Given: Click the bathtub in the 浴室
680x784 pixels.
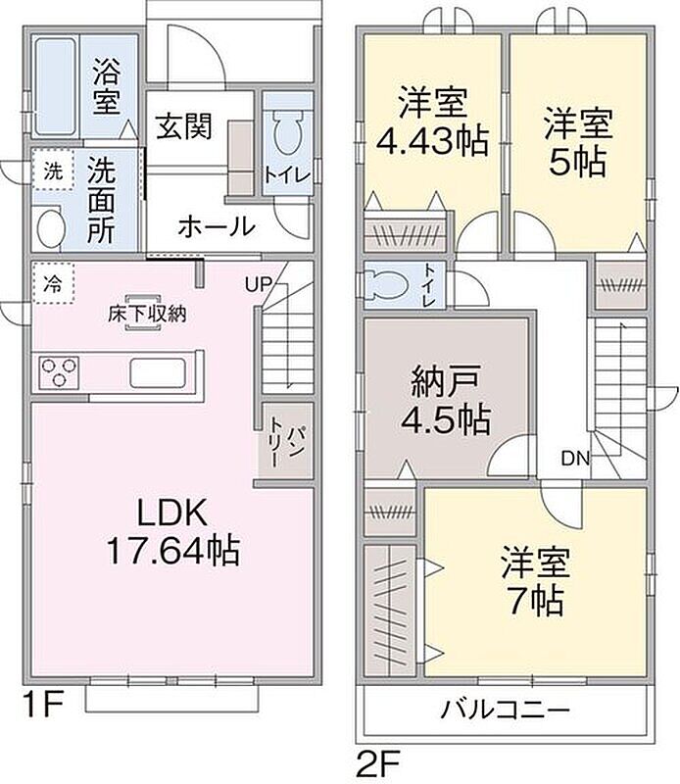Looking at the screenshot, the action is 56,86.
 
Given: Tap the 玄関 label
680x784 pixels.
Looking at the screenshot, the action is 184,126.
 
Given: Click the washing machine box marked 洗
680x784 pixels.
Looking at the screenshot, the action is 54,171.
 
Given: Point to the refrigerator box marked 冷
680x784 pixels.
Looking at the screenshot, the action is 54,283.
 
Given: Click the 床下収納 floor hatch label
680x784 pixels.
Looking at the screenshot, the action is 147,314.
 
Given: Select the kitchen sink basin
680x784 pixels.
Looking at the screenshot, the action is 158,373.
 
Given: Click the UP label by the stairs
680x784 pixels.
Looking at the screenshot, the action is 258,284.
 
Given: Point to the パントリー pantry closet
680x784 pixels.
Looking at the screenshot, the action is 286,440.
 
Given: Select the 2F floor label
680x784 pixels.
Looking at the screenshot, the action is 378,762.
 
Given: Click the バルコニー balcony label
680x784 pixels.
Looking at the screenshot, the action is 505,710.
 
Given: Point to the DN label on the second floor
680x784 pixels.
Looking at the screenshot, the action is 575,458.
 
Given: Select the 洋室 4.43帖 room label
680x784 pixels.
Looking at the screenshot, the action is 432,122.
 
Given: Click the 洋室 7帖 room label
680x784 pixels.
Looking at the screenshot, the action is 536,581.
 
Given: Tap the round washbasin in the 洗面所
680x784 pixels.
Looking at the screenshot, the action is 50,228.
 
